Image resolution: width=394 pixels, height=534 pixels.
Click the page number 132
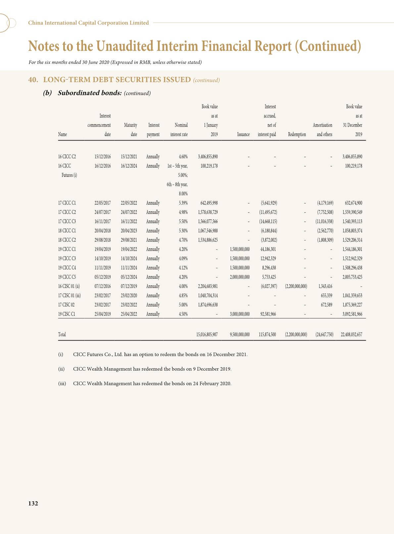click(33, 503)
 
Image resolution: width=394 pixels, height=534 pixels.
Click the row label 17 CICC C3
click(67, 222)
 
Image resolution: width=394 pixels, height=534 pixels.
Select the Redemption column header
click(297, 134)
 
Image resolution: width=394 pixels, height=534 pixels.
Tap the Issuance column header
click(243, 134)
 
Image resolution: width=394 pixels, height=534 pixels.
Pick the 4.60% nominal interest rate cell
click(183, 157)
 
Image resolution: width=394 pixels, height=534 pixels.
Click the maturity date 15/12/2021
click(129, 157)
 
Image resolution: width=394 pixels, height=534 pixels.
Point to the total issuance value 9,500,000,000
click(240, 335)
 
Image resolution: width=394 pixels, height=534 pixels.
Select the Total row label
click(62, 335)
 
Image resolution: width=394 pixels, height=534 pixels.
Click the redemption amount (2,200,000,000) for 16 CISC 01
click(296, 286)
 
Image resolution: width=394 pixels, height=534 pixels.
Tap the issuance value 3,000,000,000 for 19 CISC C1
click(240, 314)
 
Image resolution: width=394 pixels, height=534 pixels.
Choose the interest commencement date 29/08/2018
click(103, 240)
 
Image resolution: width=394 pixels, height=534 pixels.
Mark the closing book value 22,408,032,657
click(351, 335)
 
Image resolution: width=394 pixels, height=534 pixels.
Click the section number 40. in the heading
click(32, 80)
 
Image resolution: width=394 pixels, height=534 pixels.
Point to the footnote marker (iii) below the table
click(62, 384)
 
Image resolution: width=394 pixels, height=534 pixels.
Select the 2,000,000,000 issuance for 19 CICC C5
click(240, 277)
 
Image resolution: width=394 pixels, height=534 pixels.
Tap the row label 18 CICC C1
click(67, 231)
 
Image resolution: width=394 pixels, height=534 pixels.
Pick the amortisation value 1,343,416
click(325, 286)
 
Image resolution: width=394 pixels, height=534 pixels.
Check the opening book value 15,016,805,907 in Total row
click(207, 335)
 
